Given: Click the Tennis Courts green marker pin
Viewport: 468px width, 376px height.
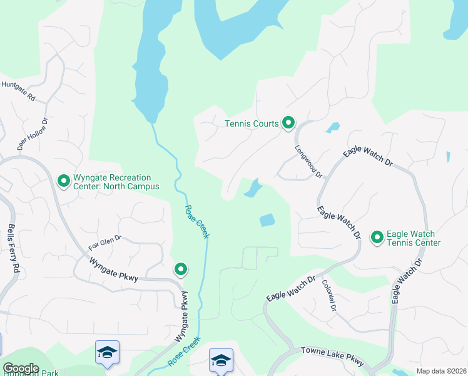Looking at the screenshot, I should [x=288, y=123].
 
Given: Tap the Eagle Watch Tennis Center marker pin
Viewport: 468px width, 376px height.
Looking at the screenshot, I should [x=377, y=237].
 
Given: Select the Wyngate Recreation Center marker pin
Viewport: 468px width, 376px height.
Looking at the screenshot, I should [x=63, y=181].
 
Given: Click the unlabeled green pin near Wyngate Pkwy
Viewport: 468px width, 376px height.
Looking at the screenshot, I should [x=181, y=269].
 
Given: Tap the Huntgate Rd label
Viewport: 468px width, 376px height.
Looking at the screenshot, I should [x=18, y=91].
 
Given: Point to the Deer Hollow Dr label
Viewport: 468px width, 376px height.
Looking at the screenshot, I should [x=33, y=134].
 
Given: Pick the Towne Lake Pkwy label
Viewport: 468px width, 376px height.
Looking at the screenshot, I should [x=332, y=356].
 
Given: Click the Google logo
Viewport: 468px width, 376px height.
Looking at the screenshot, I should [x=21, y=368].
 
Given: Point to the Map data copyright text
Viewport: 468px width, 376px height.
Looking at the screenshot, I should [x=440, y=371].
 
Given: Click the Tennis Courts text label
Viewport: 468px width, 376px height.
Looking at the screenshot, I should [x=252, y=123].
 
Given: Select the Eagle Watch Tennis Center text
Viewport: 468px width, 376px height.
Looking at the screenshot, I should [x=414, y=238].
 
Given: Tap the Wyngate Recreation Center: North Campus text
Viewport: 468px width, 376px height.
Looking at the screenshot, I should [x=116, y=182].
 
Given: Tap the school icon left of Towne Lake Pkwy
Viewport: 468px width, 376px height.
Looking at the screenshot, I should [x=221, y=361].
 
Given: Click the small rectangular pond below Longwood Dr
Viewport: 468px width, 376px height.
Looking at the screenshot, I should [x=267, y=220].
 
